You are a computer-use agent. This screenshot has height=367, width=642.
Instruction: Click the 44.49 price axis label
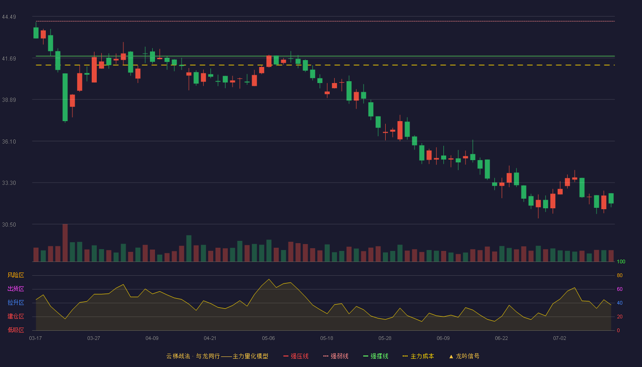coord(9,17)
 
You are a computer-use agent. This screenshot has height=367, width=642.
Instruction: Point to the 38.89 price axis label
coord(9,100)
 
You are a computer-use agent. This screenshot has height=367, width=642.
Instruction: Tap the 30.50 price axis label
coord(9,224)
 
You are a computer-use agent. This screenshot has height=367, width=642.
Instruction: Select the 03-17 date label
coord(36,339)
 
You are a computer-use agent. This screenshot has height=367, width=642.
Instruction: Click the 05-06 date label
coord(268,339)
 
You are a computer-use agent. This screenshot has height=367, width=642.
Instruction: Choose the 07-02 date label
coord(559,339)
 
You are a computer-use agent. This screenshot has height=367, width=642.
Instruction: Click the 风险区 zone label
coord(16,275)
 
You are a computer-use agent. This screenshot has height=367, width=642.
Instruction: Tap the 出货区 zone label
coord(16,289)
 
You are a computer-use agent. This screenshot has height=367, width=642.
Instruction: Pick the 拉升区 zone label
coord(16,302)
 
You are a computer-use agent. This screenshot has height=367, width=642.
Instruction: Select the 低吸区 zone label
coord(16,330)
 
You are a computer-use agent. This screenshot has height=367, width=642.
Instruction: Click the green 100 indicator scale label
coord(621,261)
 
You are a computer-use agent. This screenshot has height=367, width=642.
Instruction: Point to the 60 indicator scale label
coord(620,289)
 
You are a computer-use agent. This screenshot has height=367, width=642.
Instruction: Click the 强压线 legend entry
coord(296,356)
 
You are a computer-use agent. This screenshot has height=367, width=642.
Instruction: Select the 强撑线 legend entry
coord(376,356)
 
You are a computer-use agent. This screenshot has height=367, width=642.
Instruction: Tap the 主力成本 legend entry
coord(418,356)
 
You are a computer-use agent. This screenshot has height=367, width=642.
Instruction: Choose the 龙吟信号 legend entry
coord(464,356)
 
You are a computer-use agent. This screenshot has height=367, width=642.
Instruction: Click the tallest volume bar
coord(65,243)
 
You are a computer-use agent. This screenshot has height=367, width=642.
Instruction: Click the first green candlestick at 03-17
coord(36,33)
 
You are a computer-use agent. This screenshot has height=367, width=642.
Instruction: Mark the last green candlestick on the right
coord(611,198)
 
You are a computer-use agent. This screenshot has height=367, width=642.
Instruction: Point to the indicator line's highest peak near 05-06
coord(269,279)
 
